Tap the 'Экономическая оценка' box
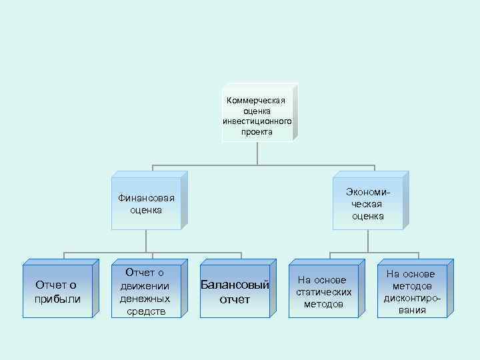pos(368,204)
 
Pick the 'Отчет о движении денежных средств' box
pos(145,292)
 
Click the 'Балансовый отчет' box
pos(235,292)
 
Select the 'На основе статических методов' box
pos(323,292)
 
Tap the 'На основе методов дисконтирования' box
pos(410,292)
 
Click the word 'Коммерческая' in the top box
pos(257,100)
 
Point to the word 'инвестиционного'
pos(257,121)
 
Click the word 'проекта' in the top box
pos(257,132)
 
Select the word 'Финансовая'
pos(146,198)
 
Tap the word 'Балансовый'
pos(235,285)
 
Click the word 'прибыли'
pos(57,299)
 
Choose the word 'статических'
pos(323,292)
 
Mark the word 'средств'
pos(145,311)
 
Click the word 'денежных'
pos(145,298)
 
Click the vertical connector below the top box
pos(257,153)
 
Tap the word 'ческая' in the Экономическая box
pos(368,204)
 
